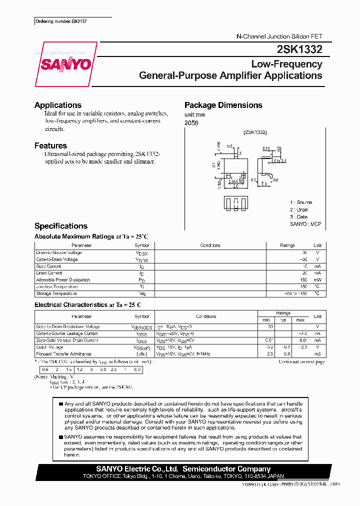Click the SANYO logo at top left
click(x=65, y=64)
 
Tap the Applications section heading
click(x=58, y=105)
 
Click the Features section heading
click(x=50, y=145)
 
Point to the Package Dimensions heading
click(x=223, y=105)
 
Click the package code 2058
click(x=191, y=123)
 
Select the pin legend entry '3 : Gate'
click(x=299, y=217)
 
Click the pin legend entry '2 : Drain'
click(x=299, y=210)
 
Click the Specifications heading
click(x=61, y=226)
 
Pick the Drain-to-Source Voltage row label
click(x=59, y=252)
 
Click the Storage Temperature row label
click(x=56, y=293)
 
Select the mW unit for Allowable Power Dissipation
click(x=317, y=280)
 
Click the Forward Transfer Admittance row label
click(x=63, y=354)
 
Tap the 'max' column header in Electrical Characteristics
click(x=300, y=319)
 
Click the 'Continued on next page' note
click(x=301, y=361)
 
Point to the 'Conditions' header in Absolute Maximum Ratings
click(x=210, y=245)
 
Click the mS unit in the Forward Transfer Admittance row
click(x=317, y=354)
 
